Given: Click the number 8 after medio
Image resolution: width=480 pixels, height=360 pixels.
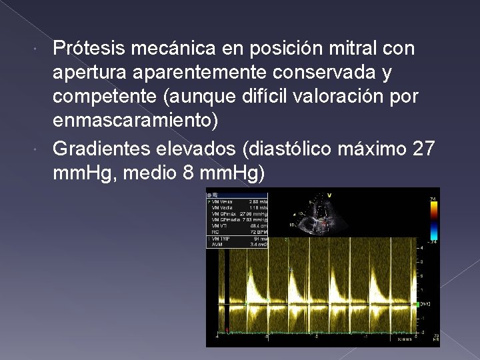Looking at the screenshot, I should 188,173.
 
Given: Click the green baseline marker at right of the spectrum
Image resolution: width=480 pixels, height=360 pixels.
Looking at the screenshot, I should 416,304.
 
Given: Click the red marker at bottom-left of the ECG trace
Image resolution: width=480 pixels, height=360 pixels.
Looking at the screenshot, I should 227,329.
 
